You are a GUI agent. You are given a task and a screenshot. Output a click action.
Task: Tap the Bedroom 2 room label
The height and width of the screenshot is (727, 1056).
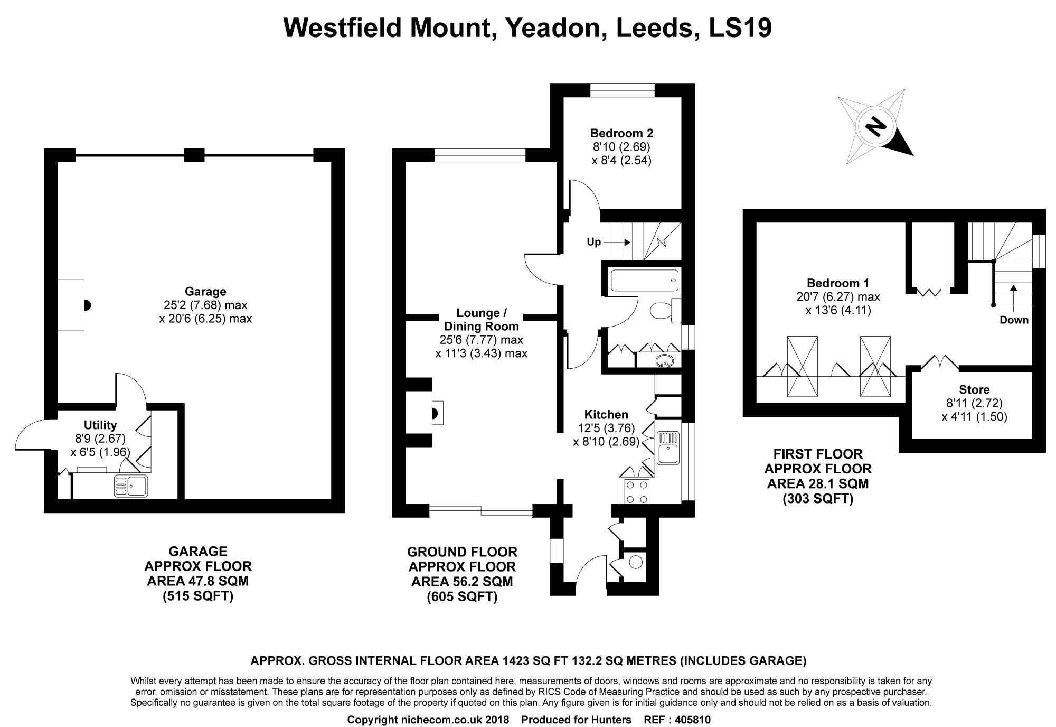[621, 133]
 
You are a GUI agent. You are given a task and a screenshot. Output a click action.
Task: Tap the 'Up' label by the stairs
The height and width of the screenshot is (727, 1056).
[594, 242]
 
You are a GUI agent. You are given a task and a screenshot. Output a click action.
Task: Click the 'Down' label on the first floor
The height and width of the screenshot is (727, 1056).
[1014, 320]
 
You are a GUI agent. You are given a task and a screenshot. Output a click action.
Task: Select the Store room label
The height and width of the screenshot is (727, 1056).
[974, 390]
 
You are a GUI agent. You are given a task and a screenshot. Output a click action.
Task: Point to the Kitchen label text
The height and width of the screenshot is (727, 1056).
[606, 415]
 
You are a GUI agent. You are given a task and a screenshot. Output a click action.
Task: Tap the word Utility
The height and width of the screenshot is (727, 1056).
[100, 425]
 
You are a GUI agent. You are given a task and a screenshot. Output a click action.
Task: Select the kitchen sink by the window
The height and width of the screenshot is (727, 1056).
[668, 449]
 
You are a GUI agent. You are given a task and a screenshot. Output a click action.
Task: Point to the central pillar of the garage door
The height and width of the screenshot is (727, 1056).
[194, 155]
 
